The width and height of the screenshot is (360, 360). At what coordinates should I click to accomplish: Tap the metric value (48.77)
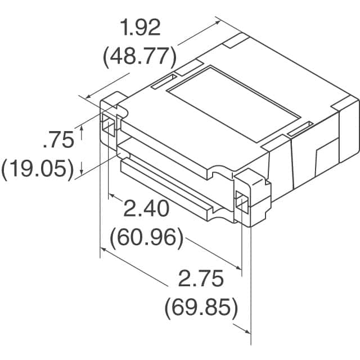[140, 56]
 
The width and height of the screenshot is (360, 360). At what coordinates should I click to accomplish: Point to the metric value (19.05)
[38, 168]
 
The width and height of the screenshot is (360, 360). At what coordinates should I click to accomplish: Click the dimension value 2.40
[146, 210]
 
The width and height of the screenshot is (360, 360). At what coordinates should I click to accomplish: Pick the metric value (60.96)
[146, 238]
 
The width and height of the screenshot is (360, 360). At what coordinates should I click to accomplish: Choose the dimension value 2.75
[201, 279]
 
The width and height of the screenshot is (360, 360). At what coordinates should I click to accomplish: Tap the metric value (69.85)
[201, 307]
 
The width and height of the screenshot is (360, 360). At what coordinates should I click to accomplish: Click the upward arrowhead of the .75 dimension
[83, 129]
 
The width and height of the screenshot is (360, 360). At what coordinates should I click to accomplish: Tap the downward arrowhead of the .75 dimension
[83, 169]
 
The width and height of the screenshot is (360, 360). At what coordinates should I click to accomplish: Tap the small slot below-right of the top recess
[299, 131]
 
